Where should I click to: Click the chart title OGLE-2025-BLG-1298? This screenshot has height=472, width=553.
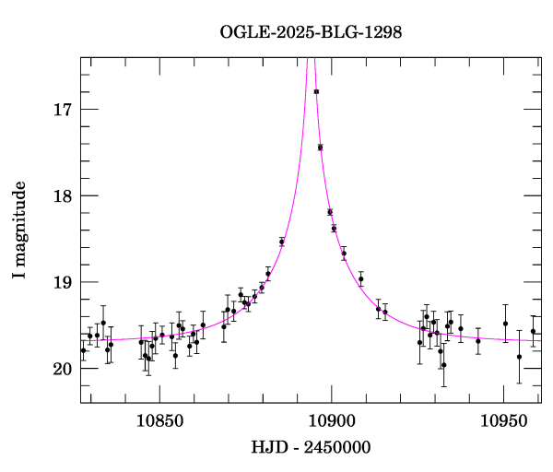click(x=311, y=32)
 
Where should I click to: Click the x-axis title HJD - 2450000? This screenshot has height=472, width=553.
click(x=311, y=447)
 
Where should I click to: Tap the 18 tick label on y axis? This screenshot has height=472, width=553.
click(x=64, y=195)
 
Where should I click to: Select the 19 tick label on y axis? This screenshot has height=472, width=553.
click(x=64, y=282)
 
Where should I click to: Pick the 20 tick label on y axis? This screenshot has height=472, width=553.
click(x=64, y=369)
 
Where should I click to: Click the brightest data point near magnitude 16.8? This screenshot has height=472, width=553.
click(x=316, y=91)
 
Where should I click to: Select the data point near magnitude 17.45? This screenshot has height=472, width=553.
click(x=320, y=147)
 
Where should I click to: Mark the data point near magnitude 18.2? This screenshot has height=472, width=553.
click(x=330, y=212)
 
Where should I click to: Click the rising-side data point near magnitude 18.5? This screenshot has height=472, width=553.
click(x=282, y=242)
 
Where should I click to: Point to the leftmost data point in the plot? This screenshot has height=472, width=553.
click(x=83, y=350)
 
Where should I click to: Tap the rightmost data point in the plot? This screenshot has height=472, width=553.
click(x=533, y=332)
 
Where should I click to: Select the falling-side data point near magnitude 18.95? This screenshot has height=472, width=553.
click(x=360, y=278)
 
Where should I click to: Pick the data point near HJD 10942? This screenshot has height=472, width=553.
click(x=477, y=341)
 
